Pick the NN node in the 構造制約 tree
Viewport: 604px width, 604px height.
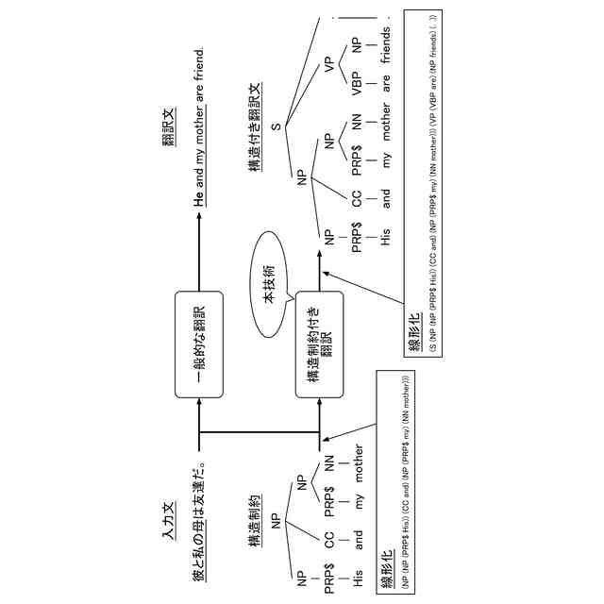(329, 461)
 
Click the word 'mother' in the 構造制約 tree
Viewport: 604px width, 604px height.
(358, 461)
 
